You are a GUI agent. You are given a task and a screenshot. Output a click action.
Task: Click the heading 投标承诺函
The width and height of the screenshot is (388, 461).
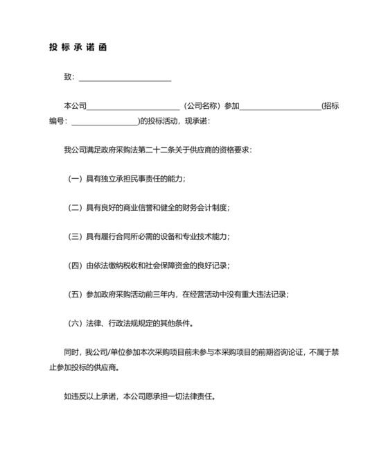pyautogui.click(x=78, y=48)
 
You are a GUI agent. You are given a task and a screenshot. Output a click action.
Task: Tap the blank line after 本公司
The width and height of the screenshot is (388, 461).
pyautogui.click(x=132, y=106)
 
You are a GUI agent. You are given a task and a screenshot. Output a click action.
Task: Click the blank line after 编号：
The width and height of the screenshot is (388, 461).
pyautogui.click(x=105, y=121)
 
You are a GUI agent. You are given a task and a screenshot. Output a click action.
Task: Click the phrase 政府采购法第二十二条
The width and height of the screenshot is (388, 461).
pyautogui.click(x=136, y=150)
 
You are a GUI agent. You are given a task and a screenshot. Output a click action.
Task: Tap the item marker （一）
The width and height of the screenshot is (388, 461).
pyautogui.click(x=74, y=179)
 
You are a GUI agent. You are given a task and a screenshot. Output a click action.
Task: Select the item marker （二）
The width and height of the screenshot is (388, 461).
pyautogui.click(x=74, y=207)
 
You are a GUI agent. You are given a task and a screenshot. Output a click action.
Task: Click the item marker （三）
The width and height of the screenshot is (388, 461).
pyautogui.click(x=74, y=236)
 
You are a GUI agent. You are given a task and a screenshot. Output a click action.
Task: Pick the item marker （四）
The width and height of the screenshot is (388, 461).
pyautogui.click(x=74, y=265)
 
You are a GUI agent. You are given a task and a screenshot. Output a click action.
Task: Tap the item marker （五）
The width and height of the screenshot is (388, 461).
pyautogui.click(x=74, y=294)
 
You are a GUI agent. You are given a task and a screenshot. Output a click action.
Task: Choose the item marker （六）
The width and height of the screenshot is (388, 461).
pyautogui.click(x=74, y=322)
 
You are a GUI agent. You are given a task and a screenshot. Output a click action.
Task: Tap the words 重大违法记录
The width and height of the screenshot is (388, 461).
pyautogui.click(x=263, y=294)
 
